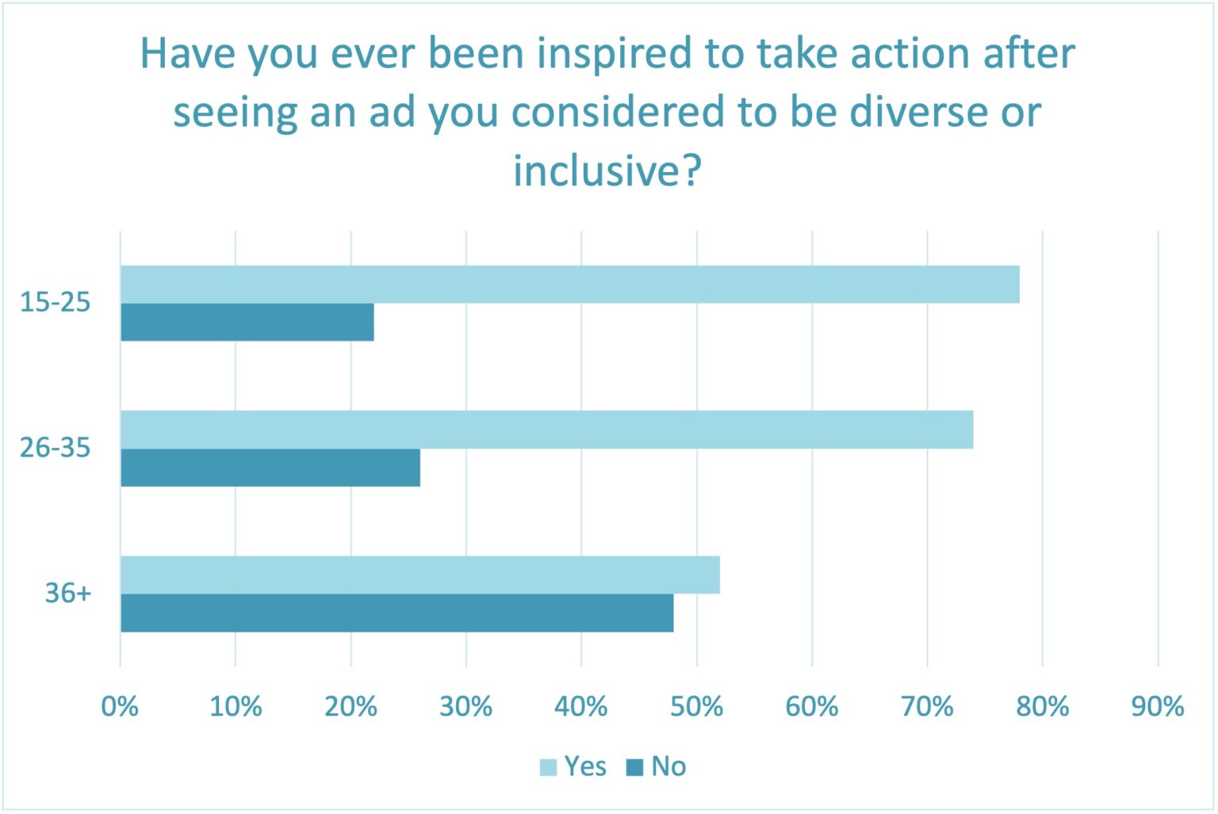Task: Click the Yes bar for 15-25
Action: [x=569, y=285]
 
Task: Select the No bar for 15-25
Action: [x=247, y=323]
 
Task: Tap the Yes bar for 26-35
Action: [x=546, y=430]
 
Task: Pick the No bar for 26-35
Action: [x=270, y=468]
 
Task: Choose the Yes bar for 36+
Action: [x=419, y=575]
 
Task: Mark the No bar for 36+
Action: [x=396, y=613]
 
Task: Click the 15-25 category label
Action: [x=56, y=302]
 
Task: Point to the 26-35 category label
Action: [x=56, y=448]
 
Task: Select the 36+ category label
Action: [x=68, y=593]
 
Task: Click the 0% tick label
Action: [x=120, y=706]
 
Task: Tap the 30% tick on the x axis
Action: [x=465, y=706]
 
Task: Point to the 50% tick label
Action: [x=696, y=706]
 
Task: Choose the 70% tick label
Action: [x=927, y=706]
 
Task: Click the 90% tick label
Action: [x=1158, y=706]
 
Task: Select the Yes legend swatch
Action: [x=548, y=767]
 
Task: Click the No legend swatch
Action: [x=634, y=767]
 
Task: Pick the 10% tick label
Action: [x=236, y=706]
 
